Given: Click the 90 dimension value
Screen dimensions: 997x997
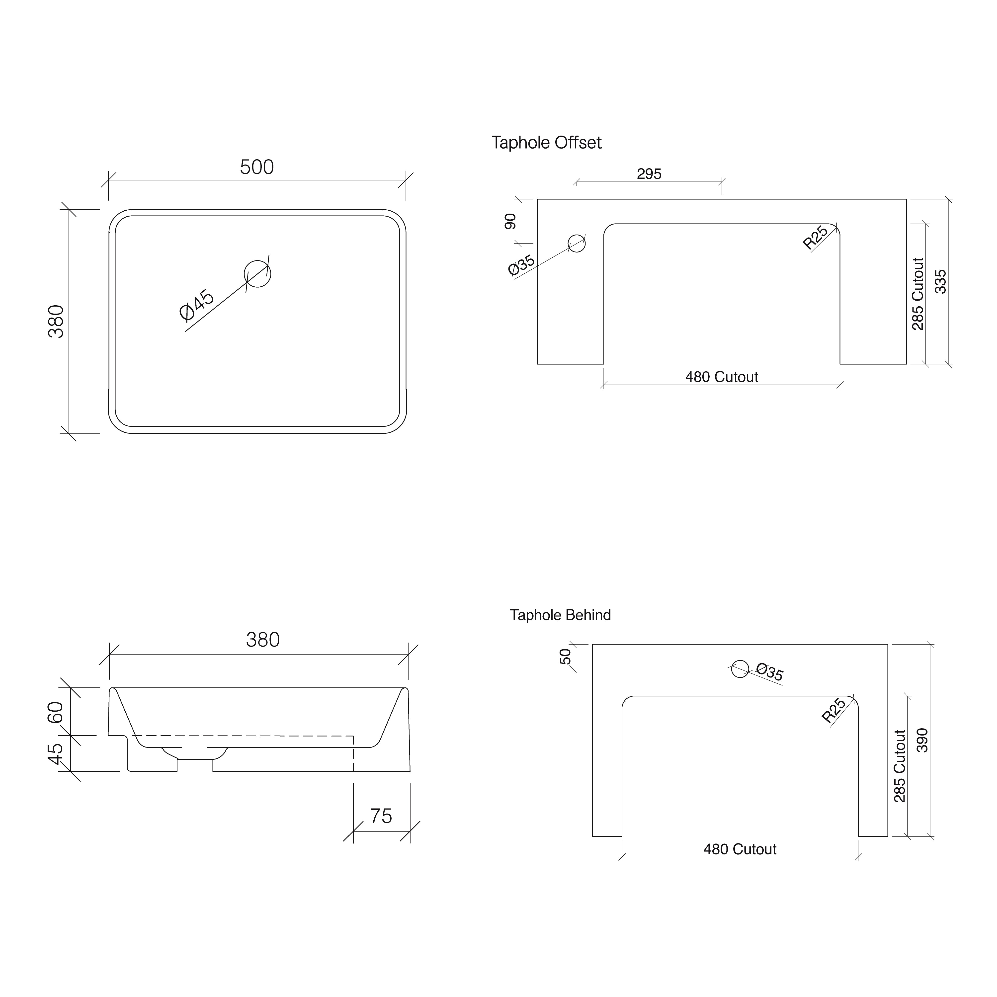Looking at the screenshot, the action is tap(510, 221).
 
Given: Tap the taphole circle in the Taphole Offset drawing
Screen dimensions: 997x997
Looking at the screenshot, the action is tap(577, 243).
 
